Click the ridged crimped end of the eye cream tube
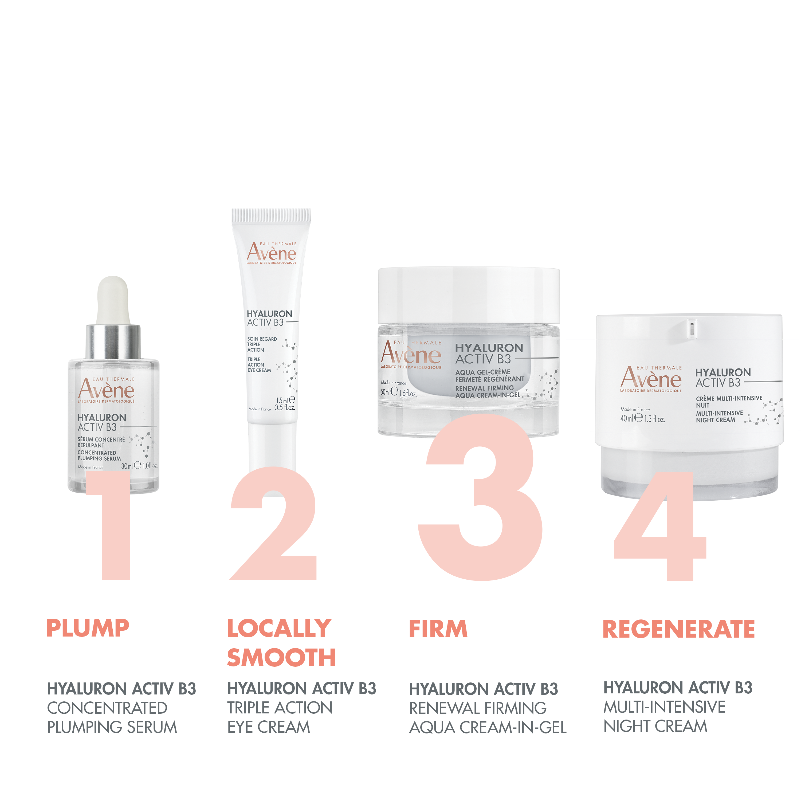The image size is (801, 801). [x=271, y=215]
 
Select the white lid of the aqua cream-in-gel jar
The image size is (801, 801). [x=469, y=294]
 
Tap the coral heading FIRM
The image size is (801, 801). [x=438, y=629]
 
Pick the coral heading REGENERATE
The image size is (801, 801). [x=678, y=629]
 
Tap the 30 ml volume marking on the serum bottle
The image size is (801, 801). [x=127, y=466]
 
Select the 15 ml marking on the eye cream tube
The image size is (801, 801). [x=282, y=400]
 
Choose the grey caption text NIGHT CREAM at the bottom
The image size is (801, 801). [x=655, y=726]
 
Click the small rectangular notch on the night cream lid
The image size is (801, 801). [x=691, y=328]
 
